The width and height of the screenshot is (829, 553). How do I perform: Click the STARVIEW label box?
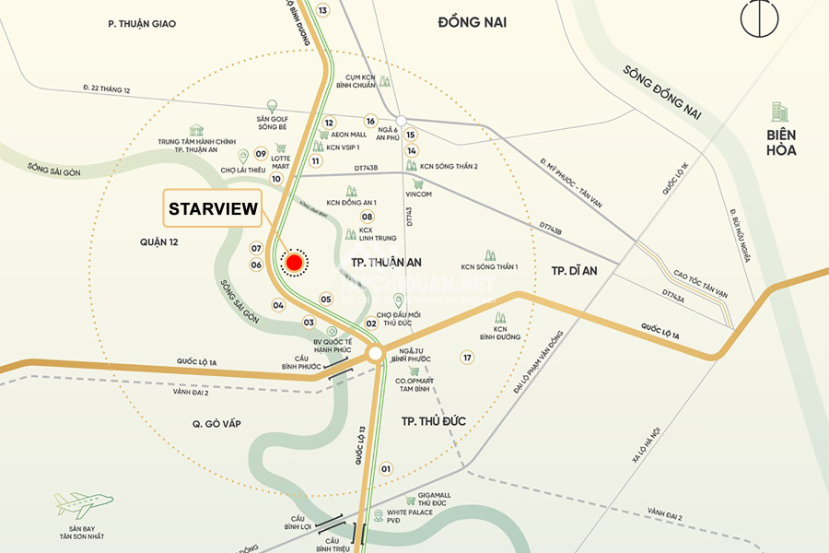pyautogui.click(x=213, y=209)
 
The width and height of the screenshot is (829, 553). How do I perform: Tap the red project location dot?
pyautogui.click(x=294, y=263)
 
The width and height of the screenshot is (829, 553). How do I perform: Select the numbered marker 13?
pyautogui.click(x=321, y=10)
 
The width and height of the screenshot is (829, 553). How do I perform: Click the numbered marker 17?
pyautogui.click(x=467, y=358)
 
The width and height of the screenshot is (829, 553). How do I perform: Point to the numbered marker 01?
pyautogui.click(x=386, y=469)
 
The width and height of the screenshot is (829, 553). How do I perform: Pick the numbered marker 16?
pyautogui.click(x=370, y=121)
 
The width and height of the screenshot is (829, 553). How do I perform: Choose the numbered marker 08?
pyautogui.click(x=367, y=217)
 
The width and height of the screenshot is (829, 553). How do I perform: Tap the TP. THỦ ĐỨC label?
pyautogui.click(x=433, y=421)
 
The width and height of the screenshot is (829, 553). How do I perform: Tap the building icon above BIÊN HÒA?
pyautogui.click(x=779, y=112)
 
